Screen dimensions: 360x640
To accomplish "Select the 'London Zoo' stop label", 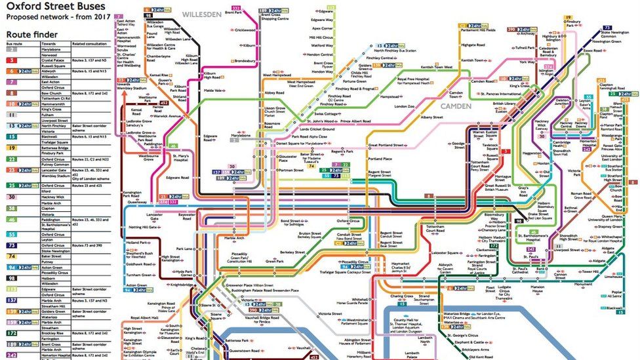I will click(x=405, y=107).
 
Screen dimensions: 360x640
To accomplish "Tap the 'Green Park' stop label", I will click(x=275, y=261).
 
